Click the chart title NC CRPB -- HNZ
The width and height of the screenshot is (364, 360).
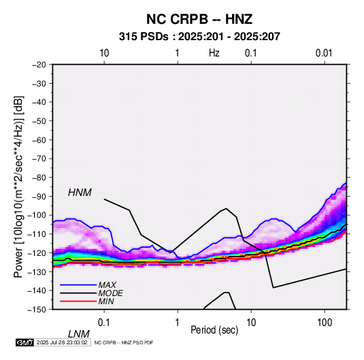tap(199, 19)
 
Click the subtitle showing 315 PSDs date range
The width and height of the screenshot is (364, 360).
tap(199, 37)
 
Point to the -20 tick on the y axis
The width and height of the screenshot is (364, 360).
tap(39, 65)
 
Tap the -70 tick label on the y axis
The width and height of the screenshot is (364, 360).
tap(39, 159)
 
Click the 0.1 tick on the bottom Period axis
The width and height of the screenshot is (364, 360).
tap(104, 323)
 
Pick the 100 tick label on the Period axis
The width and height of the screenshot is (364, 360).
tap(325, 323)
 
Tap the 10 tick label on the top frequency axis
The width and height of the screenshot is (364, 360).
tap(104, 53)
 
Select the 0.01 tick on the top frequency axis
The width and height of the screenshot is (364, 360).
tap(324, 53)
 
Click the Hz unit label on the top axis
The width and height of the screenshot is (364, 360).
tap(214, 53)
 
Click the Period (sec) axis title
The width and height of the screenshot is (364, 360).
tap(214, 330)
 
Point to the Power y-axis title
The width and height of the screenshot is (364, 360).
tap(18, 186)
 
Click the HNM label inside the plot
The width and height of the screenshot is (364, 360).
tap(80, 193)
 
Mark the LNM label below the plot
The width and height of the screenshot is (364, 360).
tap(78, 334)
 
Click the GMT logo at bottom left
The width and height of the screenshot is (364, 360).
tap(25, 342)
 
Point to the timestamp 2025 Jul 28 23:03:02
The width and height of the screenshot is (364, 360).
tap(62, 342)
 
